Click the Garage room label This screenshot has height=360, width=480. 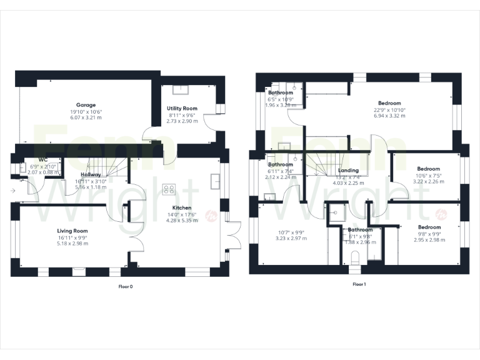tap(86, 105)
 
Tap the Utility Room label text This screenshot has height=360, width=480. tap(182, 108)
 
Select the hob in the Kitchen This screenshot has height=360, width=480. tap(169, 189)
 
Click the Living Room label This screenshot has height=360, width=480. tap(72, 231)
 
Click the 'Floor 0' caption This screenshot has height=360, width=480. tap(126, 286)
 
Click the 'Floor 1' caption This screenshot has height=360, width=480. tap(359, 284)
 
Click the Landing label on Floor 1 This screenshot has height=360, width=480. tap(348, 170)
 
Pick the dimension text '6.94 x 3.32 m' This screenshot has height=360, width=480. tap(389, 116)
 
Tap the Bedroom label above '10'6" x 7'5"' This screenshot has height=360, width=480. tap(429, 169)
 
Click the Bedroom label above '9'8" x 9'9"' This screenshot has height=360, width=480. tap(429, 227)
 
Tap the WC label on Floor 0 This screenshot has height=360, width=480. tap(43, 159)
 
